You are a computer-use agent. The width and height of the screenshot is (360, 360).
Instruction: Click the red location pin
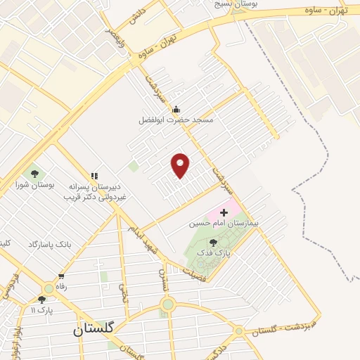(x=181, y=165)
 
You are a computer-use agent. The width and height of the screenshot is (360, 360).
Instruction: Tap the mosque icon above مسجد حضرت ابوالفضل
(x=176, y=109)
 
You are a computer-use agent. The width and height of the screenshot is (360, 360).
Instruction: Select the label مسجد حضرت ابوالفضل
(x=175, y=120)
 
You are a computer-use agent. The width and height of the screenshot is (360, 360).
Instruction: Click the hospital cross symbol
(x=224, y=212)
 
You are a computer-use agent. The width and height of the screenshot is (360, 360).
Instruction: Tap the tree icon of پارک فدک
(x=213, y=243)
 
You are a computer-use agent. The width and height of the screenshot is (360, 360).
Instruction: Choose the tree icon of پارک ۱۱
(x=41, y=300)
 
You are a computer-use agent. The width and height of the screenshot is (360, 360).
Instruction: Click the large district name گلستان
(x=96, y=330)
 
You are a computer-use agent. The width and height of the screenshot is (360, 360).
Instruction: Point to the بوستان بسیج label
(x=238, y=4)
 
